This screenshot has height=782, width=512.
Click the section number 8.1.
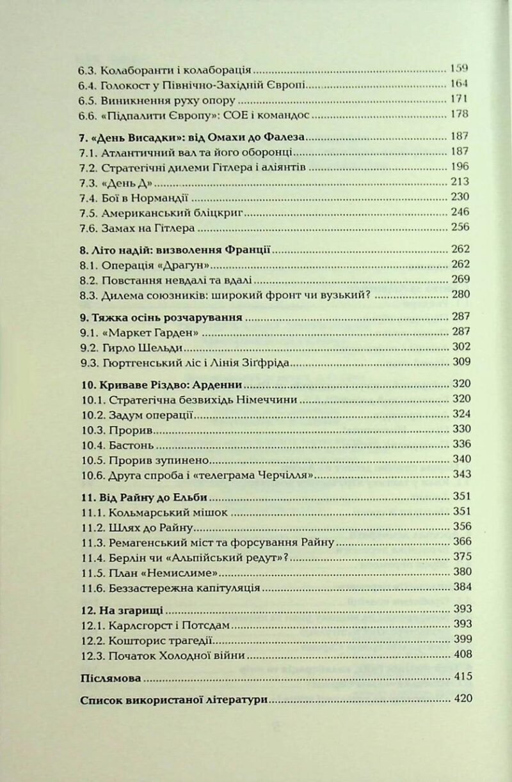(88, 265)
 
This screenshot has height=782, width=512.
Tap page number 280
(461, 295)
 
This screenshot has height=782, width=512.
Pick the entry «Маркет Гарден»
(150, 332)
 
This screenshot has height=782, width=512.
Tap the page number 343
(462, 474)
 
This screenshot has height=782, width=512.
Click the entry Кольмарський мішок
(160, 512)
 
